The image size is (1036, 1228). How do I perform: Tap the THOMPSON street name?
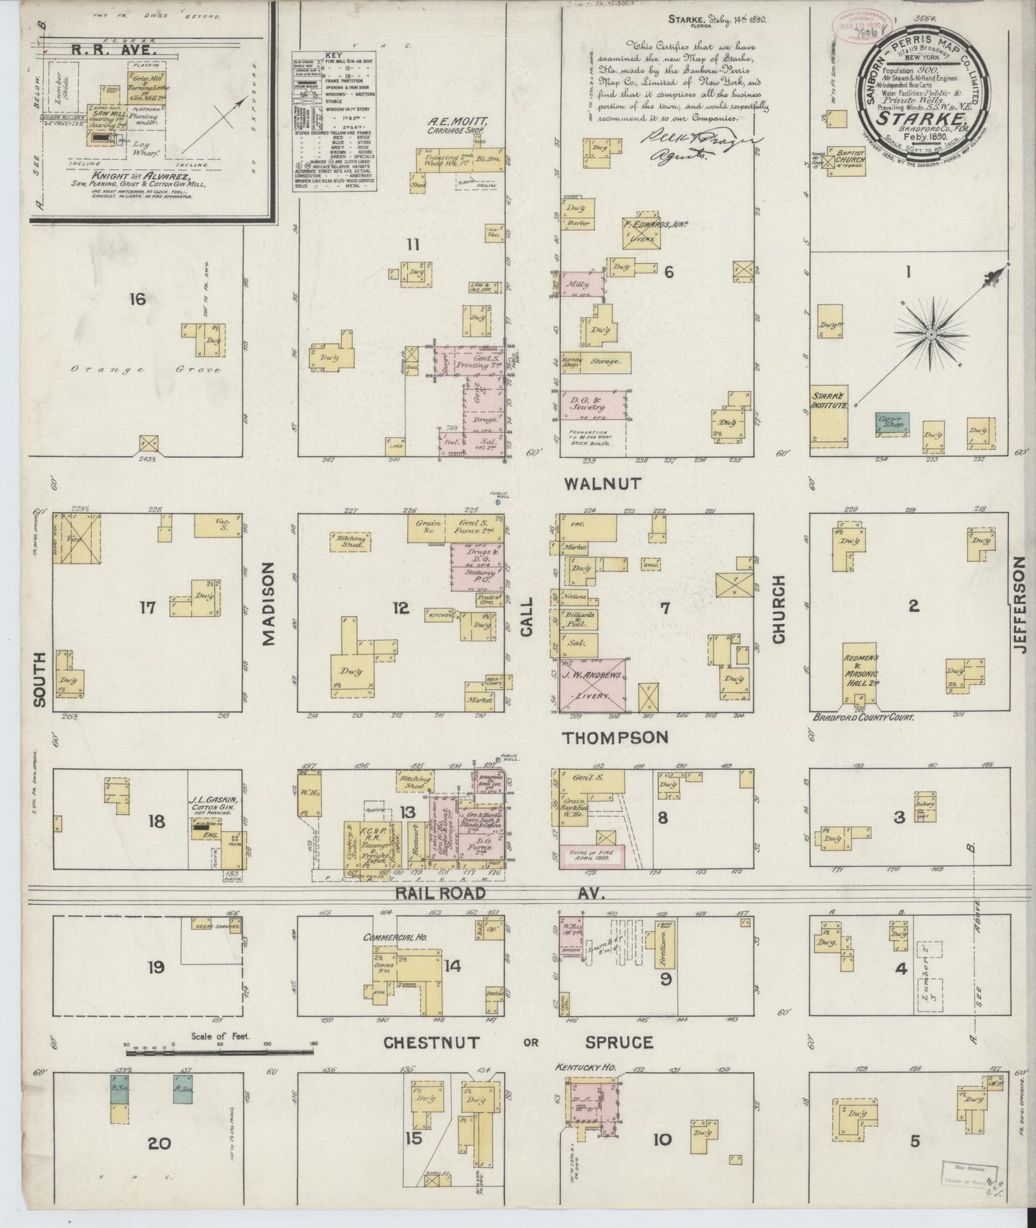coord(614,737)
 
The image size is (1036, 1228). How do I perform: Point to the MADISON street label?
coord(269,603)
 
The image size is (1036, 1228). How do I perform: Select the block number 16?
coord(137,298)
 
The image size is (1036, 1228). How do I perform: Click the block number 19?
coord(156,968)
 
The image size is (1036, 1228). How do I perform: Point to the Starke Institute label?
coord(830,400)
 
